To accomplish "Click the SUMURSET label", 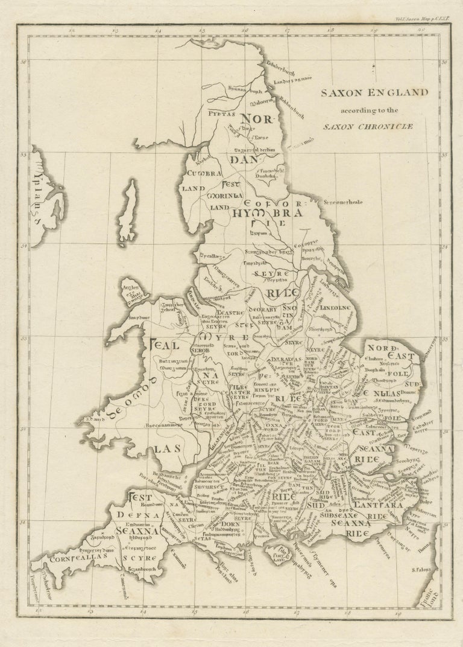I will (x=218, y=483).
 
